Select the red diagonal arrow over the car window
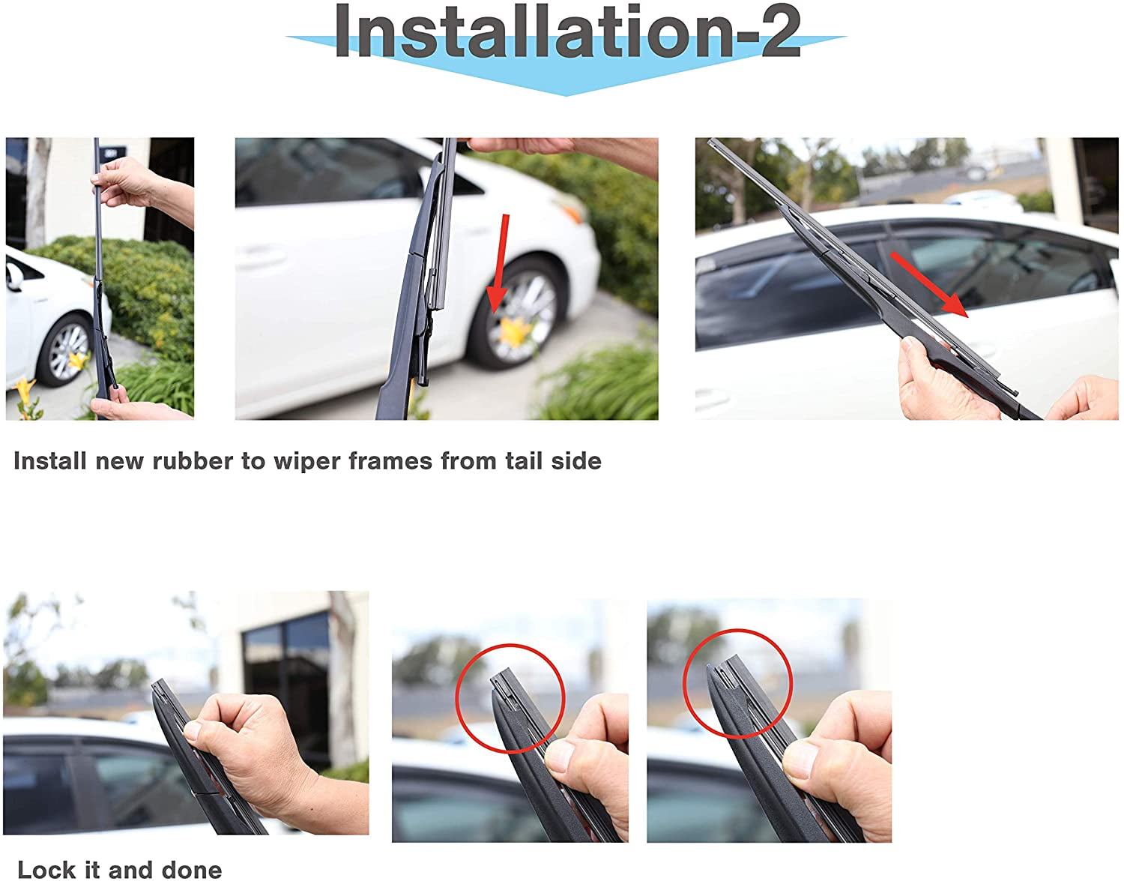tap(928, 284)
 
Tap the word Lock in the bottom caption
tap(46, 870)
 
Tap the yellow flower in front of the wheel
tap(516, 331)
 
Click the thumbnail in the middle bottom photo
tap(559, 757)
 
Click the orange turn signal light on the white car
tap(572, 207)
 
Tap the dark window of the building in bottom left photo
tap(285, 688)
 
